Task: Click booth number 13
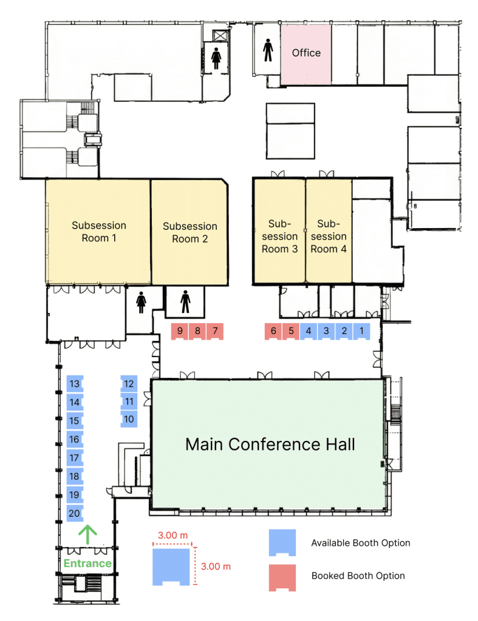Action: [75, 384]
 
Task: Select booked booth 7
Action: [214, 331]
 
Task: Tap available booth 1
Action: [361, 331]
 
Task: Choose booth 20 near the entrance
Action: [75, 513]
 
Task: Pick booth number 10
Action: [128, 418]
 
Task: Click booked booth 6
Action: [273, 331]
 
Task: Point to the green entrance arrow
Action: [88, 534]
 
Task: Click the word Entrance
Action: [88, 563]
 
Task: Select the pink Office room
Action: [306, 53]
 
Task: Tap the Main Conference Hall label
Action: [270, 445]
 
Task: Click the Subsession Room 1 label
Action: [99, 232]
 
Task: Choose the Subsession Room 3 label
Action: [280, 236]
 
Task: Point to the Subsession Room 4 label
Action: [328, 236]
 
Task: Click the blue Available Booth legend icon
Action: [282, 542]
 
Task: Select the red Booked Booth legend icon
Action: [282, 576]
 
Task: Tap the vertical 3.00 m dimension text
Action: [216, 566]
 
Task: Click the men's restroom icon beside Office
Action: [268, 50]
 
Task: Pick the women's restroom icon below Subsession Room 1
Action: [142, 302]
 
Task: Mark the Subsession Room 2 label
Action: [189, 232]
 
